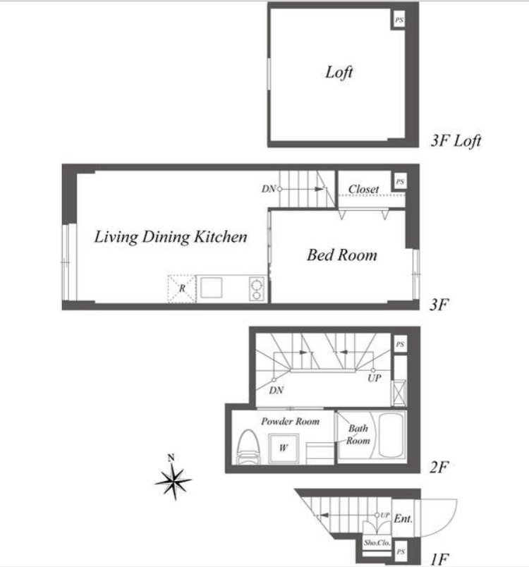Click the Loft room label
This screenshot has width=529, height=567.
[339, 73]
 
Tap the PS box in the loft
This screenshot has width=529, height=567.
[399, 20]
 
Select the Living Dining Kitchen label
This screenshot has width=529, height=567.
[171, 237]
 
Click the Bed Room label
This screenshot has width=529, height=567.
[341, 255]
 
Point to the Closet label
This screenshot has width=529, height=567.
[363, 189]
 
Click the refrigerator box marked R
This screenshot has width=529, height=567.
[181, 288]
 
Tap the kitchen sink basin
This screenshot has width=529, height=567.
[212, 288]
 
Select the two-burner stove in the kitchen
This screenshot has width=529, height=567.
[257, 289]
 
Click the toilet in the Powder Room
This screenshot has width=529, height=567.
[248, 446]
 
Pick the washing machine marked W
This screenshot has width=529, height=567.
[284, 449]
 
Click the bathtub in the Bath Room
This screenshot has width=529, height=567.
[391, 436]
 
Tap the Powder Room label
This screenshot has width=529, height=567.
[291, 421]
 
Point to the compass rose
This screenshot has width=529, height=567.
[174, 480]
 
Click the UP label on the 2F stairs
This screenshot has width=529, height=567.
[375, 378]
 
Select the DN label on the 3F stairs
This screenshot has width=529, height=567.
[269, 189]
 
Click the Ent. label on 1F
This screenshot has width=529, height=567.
[403, 519]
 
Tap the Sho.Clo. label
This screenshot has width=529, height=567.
[377, 543]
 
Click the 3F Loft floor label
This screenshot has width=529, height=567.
[456, 140]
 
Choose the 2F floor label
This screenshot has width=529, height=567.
[439, 467]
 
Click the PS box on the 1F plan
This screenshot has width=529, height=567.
[400, 551]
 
